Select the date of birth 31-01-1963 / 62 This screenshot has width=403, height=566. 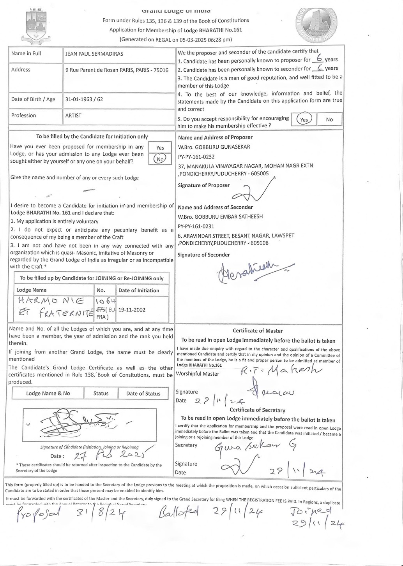(84, 99)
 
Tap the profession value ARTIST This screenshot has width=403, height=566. (73, 116)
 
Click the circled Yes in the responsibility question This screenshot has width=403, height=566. (304, 120)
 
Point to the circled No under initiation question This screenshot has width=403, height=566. (160, 159)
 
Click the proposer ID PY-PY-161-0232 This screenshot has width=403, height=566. (196, 156)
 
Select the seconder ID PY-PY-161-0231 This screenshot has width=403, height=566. (196, 226)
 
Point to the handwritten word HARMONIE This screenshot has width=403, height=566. (51, 301)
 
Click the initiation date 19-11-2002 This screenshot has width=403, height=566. (132, 310)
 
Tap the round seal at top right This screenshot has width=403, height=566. (316, 24)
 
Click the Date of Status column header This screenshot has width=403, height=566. (143, 394)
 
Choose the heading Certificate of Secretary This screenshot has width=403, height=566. (257, 410)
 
